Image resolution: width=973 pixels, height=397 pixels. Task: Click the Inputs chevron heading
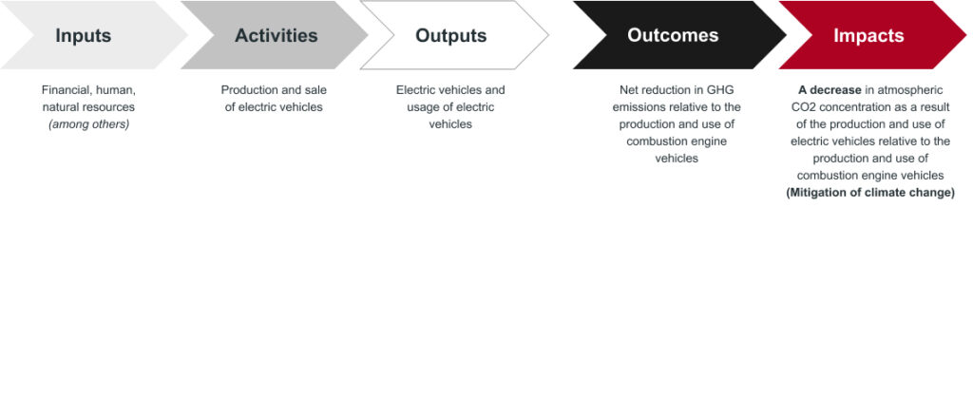84,35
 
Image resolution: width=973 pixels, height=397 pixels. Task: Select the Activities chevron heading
276,35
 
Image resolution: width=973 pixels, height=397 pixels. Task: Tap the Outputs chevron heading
451,35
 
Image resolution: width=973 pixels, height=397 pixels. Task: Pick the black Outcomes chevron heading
673,35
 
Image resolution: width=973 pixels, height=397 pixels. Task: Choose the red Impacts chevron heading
868,35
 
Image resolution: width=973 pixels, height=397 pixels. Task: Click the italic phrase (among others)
88,124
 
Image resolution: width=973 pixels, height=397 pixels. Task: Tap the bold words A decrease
830,90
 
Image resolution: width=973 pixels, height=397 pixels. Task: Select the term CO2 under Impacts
794,107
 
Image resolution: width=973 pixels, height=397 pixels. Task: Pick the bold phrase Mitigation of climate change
870,193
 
